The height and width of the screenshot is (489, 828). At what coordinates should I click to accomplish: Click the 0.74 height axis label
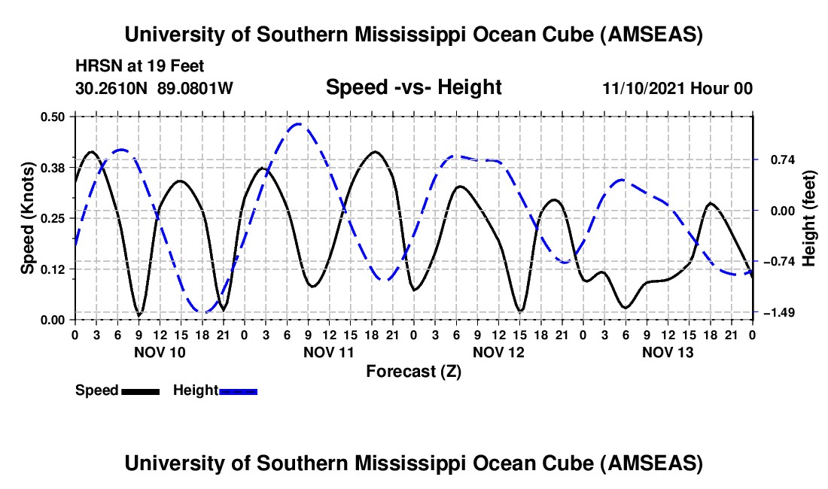[774, 159]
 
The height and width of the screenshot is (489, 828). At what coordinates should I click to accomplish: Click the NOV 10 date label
[159, 352]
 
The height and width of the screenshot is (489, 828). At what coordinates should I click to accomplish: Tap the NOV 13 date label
[667, 352]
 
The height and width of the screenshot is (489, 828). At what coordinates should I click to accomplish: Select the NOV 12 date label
[498, 352]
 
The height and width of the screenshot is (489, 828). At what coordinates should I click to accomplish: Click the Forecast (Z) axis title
[413, 371]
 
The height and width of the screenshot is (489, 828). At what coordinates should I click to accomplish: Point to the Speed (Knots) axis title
[27, 217]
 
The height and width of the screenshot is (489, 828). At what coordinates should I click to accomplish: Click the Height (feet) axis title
[810, 217]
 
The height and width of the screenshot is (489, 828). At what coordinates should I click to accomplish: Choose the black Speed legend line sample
[140, 390]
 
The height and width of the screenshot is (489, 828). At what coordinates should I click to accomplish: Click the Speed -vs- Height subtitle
[413, 87]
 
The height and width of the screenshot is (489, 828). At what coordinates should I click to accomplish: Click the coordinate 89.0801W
[196, 88]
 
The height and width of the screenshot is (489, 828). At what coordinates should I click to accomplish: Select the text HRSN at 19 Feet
[140, 66]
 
